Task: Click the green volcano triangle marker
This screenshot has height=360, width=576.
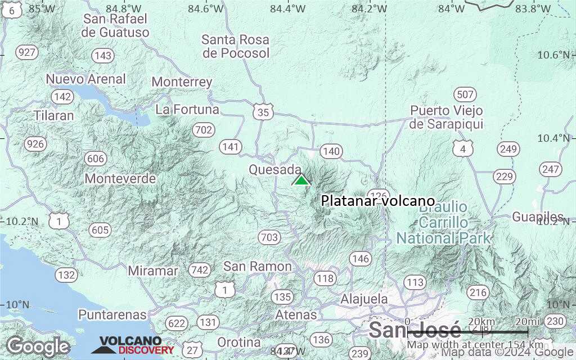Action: [301, 180]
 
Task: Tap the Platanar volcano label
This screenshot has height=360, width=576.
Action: [378, 201]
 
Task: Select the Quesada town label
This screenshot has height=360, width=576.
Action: [275, 169]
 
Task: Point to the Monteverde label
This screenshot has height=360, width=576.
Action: [120, 179]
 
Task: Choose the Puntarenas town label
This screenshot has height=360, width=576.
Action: [112, 314]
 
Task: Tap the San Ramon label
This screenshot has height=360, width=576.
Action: [258, 266]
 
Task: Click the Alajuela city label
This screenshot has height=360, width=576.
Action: [364, 298]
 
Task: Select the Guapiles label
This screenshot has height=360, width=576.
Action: [538, 217]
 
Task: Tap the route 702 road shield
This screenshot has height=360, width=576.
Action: [203, 130]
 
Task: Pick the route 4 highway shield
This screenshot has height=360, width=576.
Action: [463, 148]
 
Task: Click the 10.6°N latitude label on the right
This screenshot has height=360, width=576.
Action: [553, 55]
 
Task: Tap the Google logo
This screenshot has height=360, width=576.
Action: [38, 346]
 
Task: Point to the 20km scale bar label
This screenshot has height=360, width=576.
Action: [482, 322]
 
